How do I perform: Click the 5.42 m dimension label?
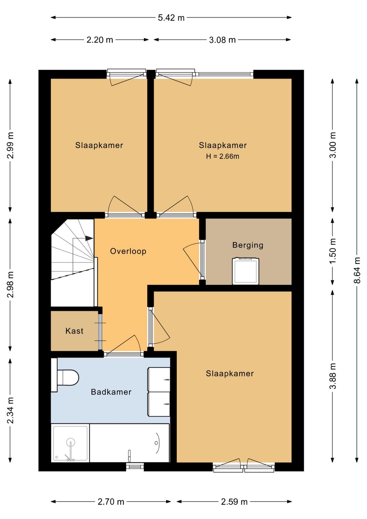click(x=171, y=18)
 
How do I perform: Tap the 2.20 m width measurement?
click(x=100, y=40)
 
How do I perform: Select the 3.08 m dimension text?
click(x=222, y=40)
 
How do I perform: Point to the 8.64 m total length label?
click(x=357, y=270)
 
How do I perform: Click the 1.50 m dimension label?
click(x=332, y=251)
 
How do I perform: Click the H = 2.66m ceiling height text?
click(x=223, y=156)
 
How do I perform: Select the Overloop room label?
click(x=128, y=251)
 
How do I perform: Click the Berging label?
click(x=248, y=245)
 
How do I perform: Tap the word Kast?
click(x=74, y=331)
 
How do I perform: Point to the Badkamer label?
click(x=111, y=392)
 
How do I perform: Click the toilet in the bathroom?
click(x=65, y=378)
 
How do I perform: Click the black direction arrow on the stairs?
click(x=89, y=238)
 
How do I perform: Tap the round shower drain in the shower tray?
click(x=70, y=442)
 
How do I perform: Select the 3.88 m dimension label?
click(x=332, y=376)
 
